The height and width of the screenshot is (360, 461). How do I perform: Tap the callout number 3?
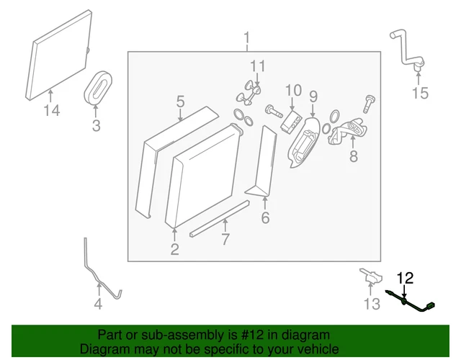click(96, 127)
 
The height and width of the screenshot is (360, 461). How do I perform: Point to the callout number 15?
click(419, 93)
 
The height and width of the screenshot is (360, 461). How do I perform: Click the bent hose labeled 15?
click(405, 47)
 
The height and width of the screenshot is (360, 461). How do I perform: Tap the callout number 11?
click(257, 66)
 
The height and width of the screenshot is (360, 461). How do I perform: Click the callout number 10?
click(292, 91)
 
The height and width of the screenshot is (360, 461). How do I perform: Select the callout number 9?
click(313, 96)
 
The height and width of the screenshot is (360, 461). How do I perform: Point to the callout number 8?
click(353, 156)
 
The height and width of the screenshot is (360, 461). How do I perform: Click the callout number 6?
click(265, 217)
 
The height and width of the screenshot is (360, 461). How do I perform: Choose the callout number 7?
click(225, 240)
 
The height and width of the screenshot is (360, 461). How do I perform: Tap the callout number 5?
click(180, 102)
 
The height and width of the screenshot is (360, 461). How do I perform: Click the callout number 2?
click(174, 249)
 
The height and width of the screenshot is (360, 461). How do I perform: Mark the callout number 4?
click(98, 305)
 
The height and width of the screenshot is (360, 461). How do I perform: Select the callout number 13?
click(371, 305)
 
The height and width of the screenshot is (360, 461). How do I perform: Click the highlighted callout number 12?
click(405, 277)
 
